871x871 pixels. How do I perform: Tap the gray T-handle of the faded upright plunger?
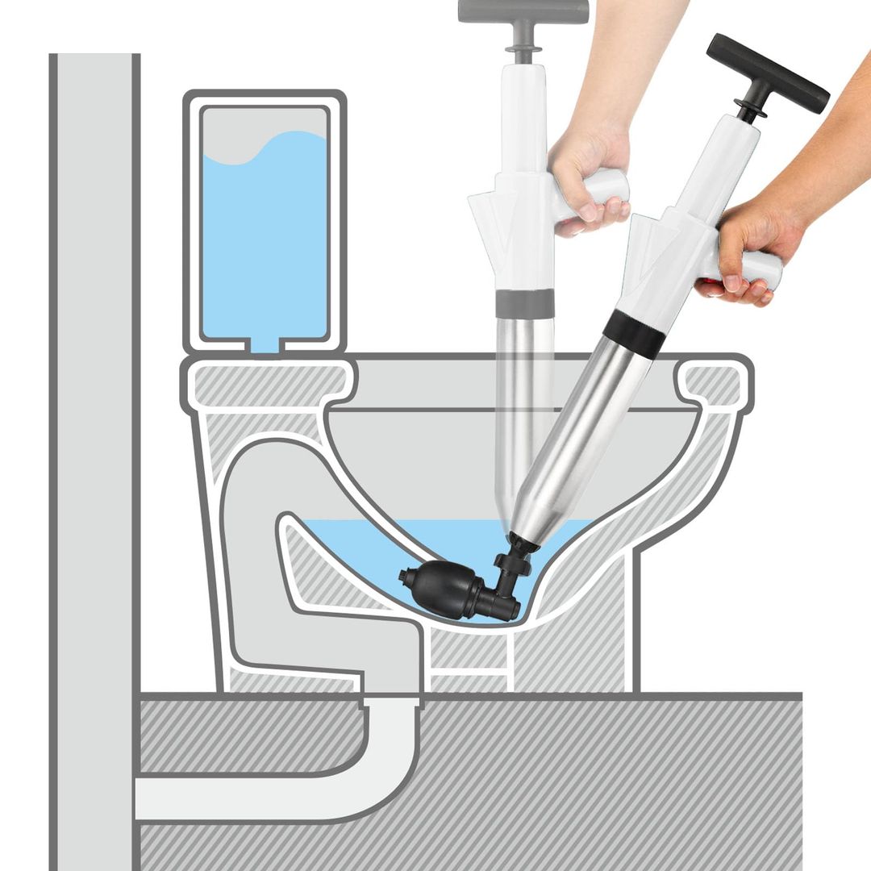pyautogui.click(x=523, y=11)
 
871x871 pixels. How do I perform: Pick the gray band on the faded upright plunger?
pyautogui.click(x=524, y=303)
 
